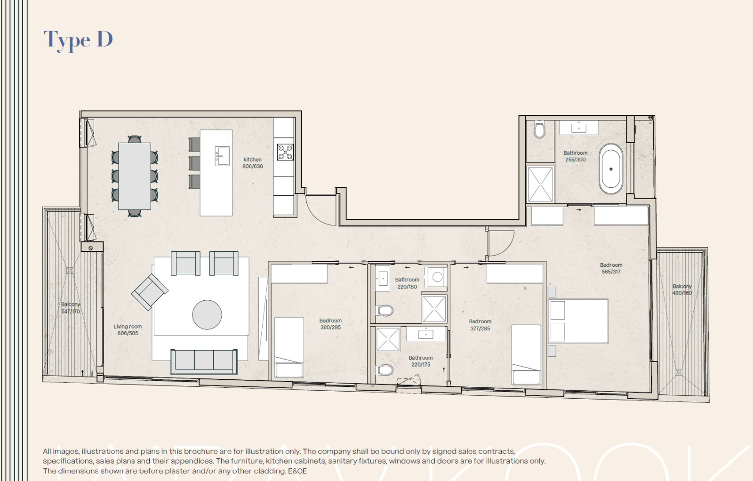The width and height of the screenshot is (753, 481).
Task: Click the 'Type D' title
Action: coord(78,40)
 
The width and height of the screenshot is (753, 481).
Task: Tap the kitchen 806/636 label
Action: coord(253,163)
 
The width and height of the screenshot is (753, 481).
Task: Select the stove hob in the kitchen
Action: coord(285,152)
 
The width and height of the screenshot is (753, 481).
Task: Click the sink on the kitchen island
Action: coord(222,155)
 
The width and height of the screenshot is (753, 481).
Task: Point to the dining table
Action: coord(135,176)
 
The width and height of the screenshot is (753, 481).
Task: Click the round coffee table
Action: coord(207,314)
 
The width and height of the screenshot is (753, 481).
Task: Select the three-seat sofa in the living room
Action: coord(204,361)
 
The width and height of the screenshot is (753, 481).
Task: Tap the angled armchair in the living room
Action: coord(150,292)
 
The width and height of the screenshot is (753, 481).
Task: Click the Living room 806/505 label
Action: coord(128,330)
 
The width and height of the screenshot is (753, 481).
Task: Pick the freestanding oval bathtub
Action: coord(611,169)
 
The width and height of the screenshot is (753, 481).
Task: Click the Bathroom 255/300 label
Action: coord(575,156)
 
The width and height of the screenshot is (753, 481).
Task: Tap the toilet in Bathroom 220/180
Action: coord(385,311)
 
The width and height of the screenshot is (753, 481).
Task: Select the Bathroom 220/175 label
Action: coord(420,361)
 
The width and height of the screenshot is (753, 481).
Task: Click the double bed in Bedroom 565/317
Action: coord(578,321)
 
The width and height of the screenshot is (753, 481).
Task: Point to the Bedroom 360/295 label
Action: coord(330,324)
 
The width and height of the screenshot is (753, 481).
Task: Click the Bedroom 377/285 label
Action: coord(480,325)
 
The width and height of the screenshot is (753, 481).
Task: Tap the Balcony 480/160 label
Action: coord(682,289)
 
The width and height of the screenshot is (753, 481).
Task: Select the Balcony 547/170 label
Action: coord(71,308)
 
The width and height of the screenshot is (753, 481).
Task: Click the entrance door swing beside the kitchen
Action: coord(320,209)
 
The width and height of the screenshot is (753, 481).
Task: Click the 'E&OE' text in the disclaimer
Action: coord(297,471)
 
